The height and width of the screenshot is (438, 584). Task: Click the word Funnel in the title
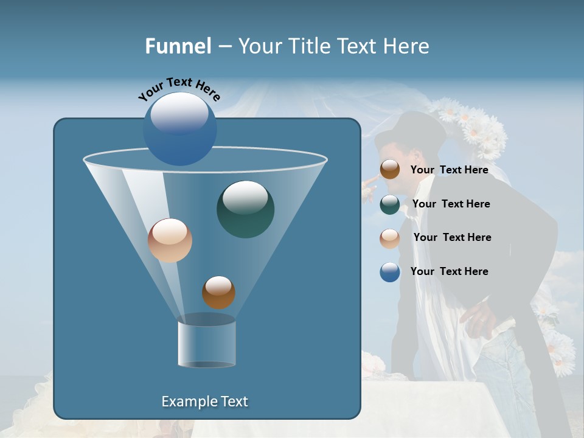click(x=178, y=46)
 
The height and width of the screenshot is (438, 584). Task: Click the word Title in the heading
click(x=310, y=46)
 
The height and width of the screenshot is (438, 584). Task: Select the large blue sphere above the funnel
click(x=180, y=128)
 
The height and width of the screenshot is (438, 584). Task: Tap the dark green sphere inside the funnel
click(x=245, y=209)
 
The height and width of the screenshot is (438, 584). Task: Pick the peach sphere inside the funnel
click(x=170, y=240)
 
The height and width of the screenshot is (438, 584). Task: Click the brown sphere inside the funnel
click(x=218, y=293)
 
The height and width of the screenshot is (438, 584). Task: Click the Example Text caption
click(x=204, y=401)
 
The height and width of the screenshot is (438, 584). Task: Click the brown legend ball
click(x=390, y=170)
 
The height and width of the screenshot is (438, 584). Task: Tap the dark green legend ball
click(x=390, y=204)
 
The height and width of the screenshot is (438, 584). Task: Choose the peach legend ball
click(x=390, y=238)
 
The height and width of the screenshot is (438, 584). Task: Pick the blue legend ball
click(x=390, y=272)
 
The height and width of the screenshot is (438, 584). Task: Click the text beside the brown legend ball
click(x=449, y=170)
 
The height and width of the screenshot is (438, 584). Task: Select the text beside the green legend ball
click(x=451, y=204)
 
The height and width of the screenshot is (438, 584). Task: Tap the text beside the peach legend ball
click(x=452, y=237)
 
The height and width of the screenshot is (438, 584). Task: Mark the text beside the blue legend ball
click(x=449, y=271)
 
